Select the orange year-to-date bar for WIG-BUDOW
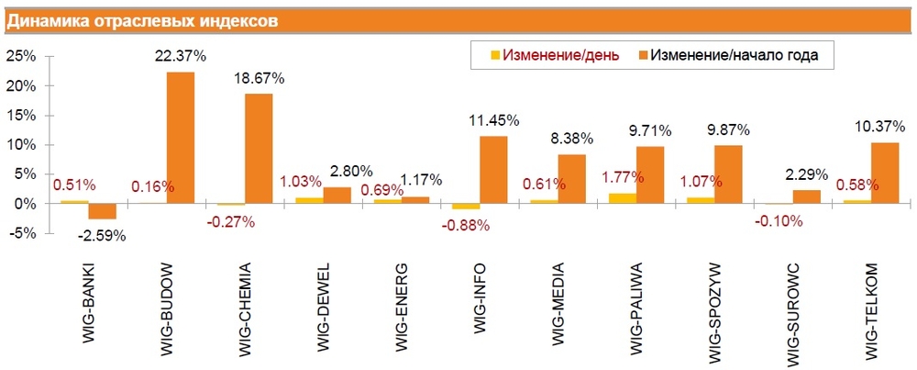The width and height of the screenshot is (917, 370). click(x=181, y=138)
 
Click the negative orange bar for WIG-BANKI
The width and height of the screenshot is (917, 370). click(x=102, y=211)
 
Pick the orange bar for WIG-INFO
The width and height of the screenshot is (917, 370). click(x=493, y=170)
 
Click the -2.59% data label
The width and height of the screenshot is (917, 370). click(x=101, y=236)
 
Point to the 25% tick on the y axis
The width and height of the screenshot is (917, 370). click(x=21, y=56)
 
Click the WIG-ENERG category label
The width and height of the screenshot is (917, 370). click(x=403, y=308)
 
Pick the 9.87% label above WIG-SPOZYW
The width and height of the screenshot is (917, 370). click(x=729, y=128)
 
